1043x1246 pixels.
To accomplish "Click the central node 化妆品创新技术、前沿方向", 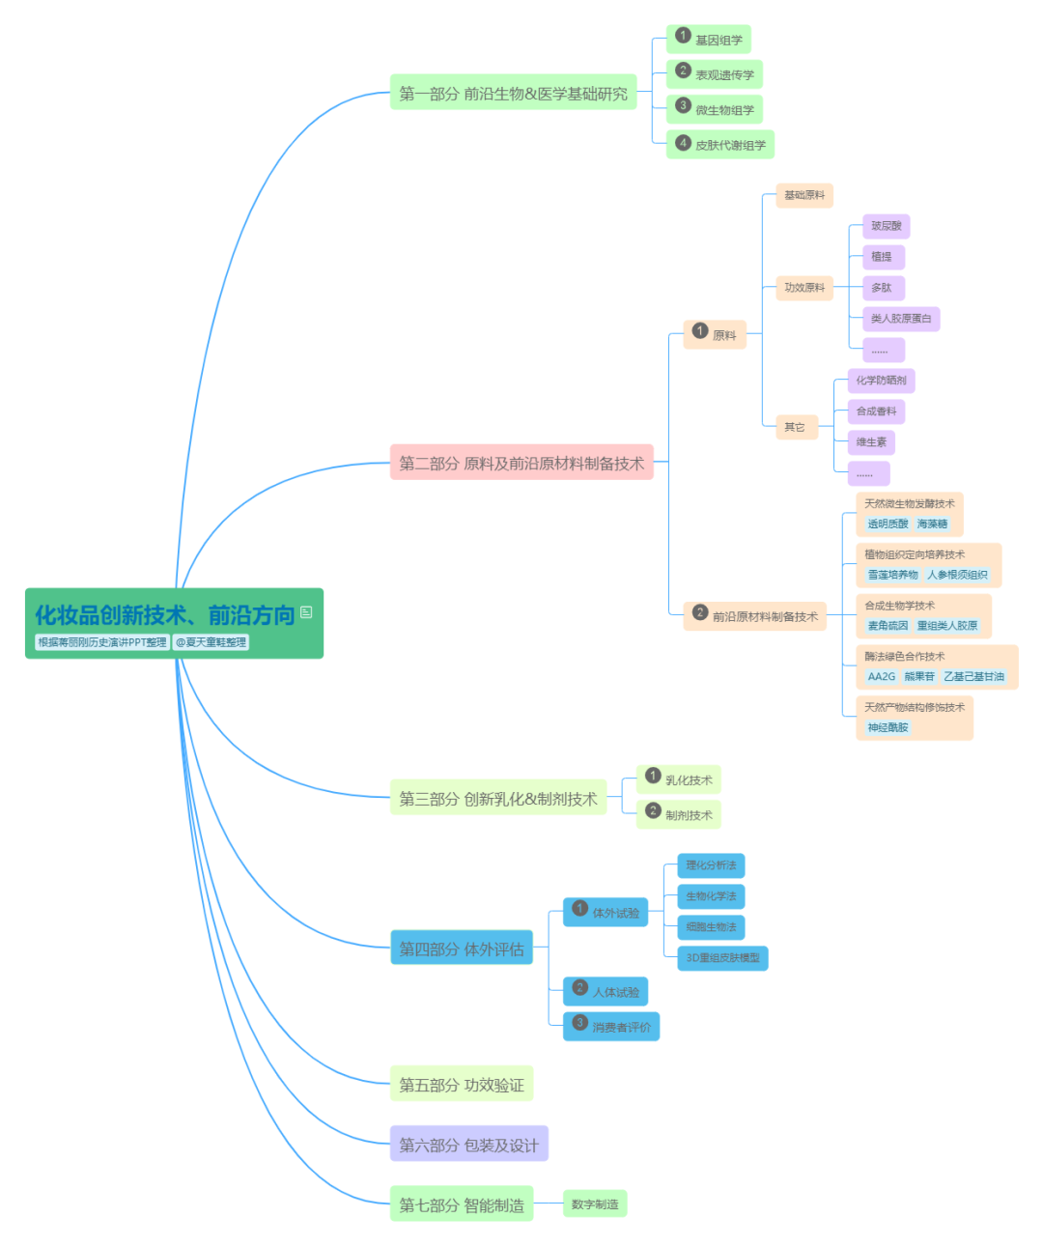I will tap(164, 615).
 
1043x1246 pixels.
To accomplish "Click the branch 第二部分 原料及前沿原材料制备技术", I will tap(521, 464).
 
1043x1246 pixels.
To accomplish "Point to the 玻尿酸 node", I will tap(886, 226).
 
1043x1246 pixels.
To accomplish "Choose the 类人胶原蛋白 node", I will tap(901, 319).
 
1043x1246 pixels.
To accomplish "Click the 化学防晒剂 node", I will tap(881, 381).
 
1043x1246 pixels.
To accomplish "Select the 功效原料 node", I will tap(804, 288).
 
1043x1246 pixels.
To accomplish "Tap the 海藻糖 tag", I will tap(932, 524).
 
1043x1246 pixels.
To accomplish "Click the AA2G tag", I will tap(881, 676).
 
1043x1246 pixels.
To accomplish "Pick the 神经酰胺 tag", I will tap(888, 727).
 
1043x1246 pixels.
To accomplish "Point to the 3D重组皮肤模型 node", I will tap(722, 958).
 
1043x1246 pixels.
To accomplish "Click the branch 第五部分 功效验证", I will tap(462, 1085).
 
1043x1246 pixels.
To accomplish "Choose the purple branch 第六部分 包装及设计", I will tap(468, 1145).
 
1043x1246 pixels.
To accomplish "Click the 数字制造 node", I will tap(595, 1204).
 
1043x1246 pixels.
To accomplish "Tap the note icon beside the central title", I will tap(306, 611).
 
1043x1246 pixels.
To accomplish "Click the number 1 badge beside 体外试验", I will tap(579, 908).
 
